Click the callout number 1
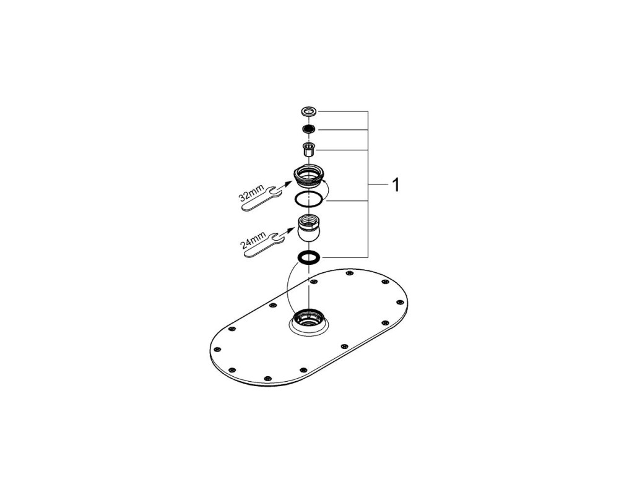click(x=396, y=185)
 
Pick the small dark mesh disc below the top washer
click(x=309, y=129)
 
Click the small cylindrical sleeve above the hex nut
click(x=309, y=149)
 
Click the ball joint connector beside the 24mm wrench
click(x=309, y=228)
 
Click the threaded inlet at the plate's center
click(x=309, y=319)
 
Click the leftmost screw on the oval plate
click(x=216, y=350)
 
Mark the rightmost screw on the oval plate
click(x=399, y=302)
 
